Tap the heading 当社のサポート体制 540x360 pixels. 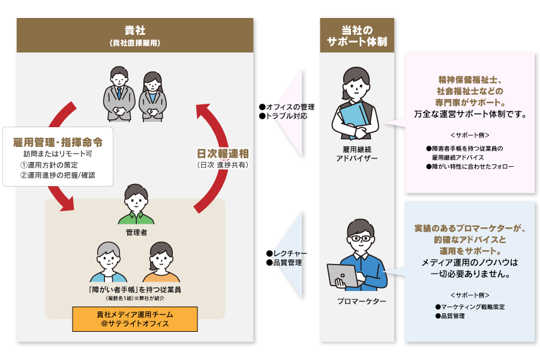pos(356,35)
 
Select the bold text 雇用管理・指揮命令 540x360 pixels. pos(58,143)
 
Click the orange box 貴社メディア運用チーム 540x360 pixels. pos(134,319)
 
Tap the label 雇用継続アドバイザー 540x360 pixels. pos(356,152)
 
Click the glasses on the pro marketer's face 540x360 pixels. pos(360,238)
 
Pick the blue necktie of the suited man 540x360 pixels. pos(119,94)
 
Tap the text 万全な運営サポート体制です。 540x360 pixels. pos(470,113)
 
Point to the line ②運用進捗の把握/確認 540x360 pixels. pos(58,176)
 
